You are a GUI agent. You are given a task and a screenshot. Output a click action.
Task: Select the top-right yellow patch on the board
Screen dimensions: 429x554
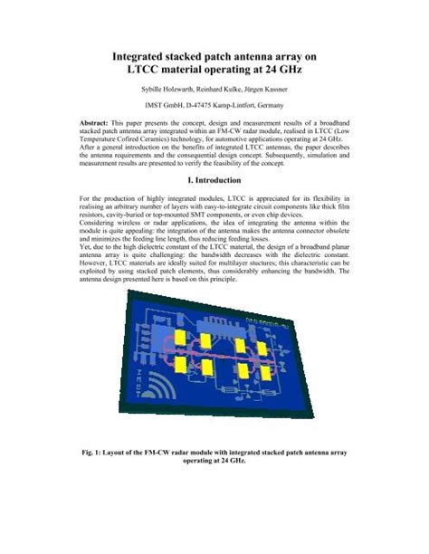[258, 345]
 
